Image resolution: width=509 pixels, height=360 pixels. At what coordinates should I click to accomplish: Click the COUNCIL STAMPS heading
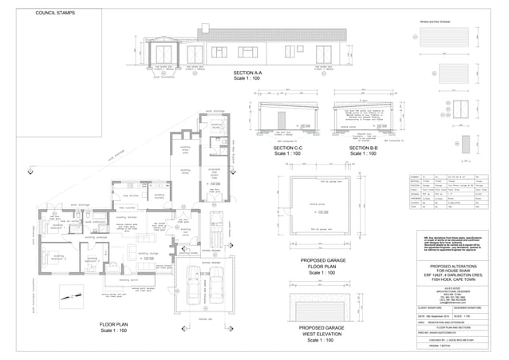coord(55,14)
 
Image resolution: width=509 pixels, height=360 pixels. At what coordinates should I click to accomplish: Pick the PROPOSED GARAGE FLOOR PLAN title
coord(322,266)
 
